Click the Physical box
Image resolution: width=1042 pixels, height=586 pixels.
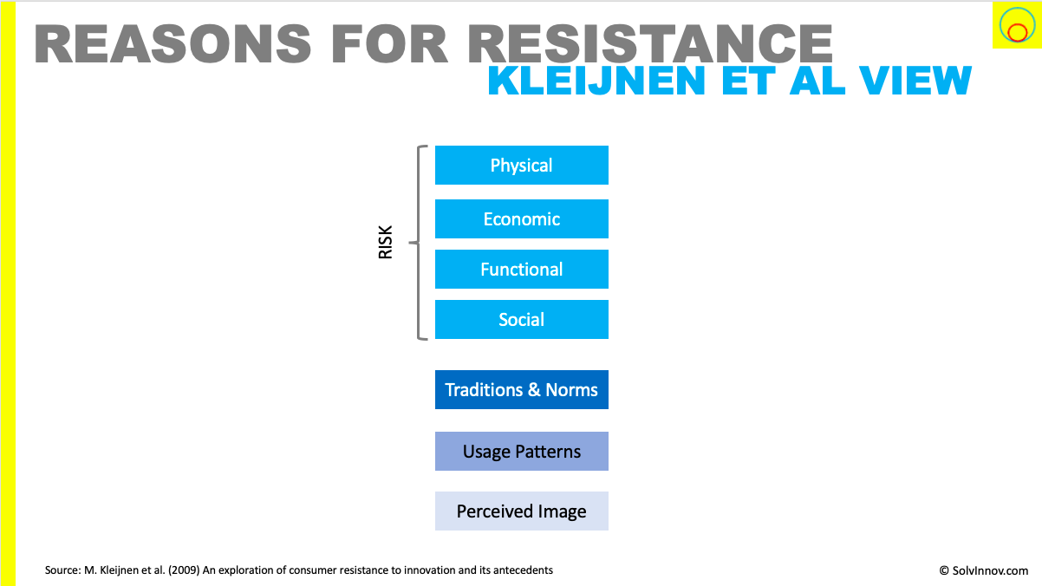pyautogui.click(x=522, y=165)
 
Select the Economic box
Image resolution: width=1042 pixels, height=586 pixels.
pyautogui.click(x=522, y=219)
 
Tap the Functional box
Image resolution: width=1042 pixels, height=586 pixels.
pyautogui.click(x=522, y=270)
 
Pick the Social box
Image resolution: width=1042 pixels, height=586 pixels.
pyautogui.click(x=522, y=320)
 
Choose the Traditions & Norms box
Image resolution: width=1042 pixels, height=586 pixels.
pyautogui.click(x=522, y=390)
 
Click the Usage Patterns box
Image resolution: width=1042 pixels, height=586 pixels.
pyautogui.click(x=522, y=451)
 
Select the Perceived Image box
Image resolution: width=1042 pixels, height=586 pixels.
pyautogui.click(x=522, y=511)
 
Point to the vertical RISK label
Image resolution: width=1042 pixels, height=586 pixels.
pyautogui.click(x=386, y=243)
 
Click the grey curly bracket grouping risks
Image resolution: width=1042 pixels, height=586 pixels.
pyautogui.click(x=418, y=243)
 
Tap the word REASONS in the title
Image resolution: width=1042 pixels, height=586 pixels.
pyautogui.click(x=173, y=43)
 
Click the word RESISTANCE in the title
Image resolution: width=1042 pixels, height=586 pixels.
pyautogui.click(x=650, y=43)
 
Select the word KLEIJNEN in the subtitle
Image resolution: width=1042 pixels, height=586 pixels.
pyautogui.click(x=596, y=81)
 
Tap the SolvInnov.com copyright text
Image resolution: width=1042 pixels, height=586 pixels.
pyautogui.click(x=983, y=570)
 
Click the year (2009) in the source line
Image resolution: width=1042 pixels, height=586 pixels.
pyautogui.click(x=184, y=570)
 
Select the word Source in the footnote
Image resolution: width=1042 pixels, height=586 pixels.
pyautogui.click(x=62, y=570)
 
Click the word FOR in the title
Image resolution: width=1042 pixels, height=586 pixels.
pyautogui.click(x=389, y=43)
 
